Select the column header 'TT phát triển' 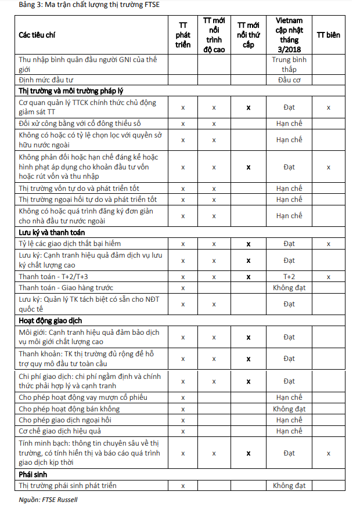[183, 35]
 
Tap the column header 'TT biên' [328, 35]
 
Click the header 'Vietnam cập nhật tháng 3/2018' [289, 35]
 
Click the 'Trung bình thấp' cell [289, 64]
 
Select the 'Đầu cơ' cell [289, 80]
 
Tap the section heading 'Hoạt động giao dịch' [51, 320]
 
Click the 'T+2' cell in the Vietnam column [289, 277]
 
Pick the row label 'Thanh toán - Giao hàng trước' [66, 288]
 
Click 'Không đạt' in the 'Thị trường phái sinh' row [289, 486]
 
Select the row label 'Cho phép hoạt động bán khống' [69, 409]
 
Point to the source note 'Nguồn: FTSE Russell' [48, 499]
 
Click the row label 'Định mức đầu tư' [47, 80]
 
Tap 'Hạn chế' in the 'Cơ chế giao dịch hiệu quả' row [289, 431]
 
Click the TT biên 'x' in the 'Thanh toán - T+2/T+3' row [328, 277]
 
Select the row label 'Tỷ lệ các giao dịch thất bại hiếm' [70, 244]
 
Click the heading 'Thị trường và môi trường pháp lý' [71, 91]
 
